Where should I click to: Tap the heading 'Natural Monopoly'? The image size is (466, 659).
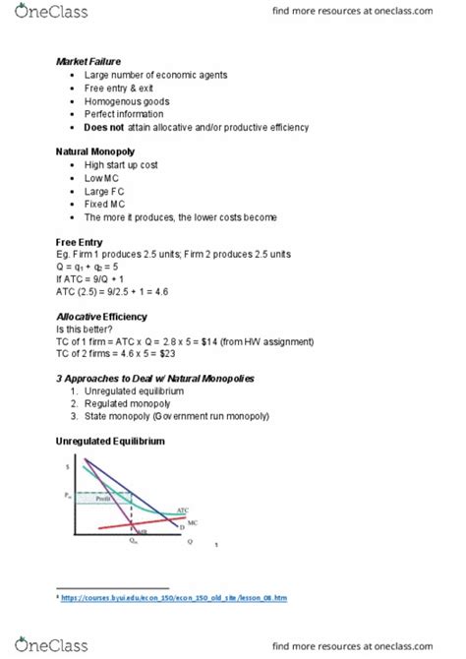[x=99, y=152]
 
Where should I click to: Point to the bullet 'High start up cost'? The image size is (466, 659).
[x=124, y=165]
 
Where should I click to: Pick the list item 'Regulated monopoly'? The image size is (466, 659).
[x=134, y=404]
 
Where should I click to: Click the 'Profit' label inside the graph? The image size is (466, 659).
[x=103, y=500]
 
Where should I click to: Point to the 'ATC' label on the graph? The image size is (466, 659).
[x=183, y=510]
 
